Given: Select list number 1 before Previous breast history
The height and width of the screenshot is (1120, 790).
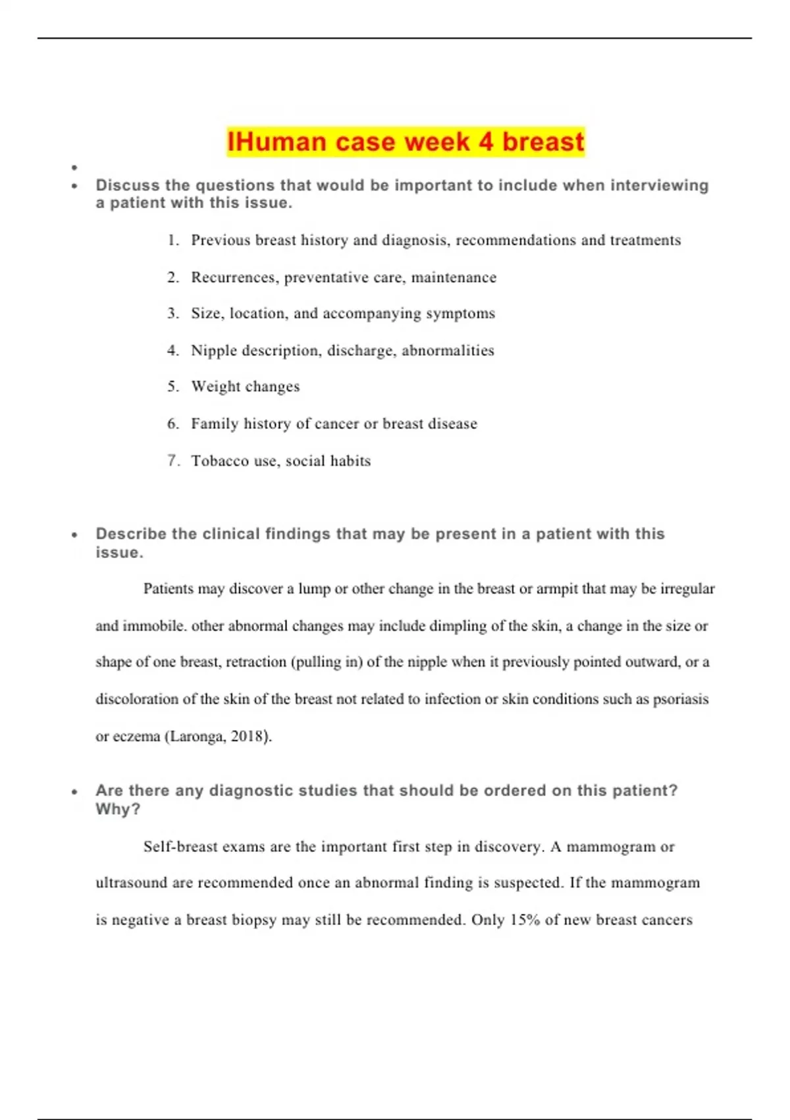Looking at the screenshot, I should click(172, 240).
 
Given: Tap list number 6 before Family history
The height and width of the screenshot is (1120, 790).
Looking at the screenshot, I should click(172, 424).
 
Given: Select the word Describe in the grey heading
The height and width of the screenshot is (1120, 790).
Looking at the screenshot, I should click(131, 534).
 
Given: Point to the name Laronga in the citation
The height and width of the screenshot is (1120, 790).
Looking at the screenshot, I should click(196, 736).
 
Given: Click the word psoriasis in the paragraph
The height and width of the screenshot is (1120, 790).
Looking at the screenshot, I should click(681, 699).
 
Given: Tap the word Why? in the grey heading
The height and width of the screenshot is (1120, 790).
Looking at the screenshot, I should click(118, 809).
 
